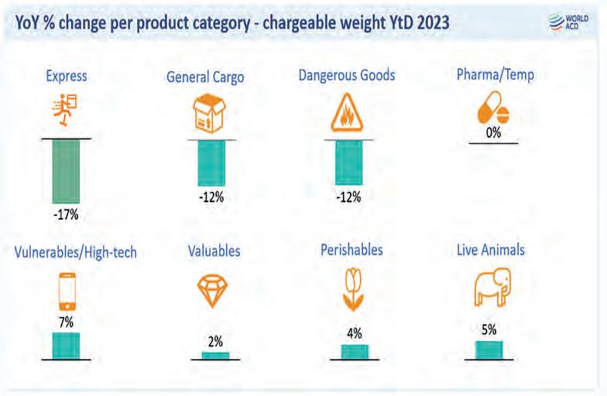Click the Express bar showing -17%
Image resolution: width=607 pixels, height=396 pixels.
[x=66, y=171]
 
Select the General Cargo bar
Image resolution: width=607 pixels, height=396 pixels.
[x=210, y=162]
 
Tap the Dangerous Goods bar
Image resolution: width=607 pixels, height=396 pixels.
[x=348, y=162]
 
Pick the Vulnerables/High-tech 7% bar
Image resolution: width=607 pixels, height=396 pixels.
[x=66, y=346]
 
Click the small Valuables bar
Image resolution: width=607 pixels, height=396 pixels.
[x=215, y=356]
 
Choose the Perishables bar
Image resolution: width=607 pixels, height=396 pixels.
[x=355, y=352]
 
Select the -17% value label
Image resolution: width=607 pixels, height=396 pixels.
[x=66, y=214]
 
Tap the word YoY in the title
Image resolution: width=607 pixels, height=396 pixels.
[x=29, y=23]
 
